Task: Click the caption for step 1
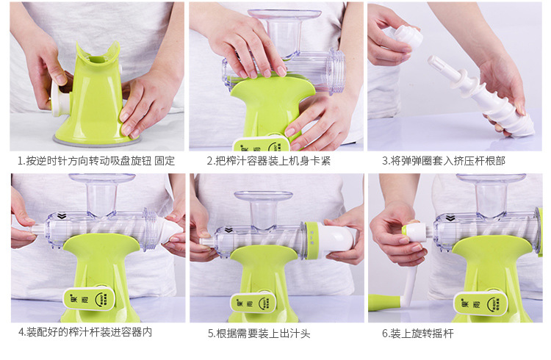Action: pyautogui.click(x=96, y=161)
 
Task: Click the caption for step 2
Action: pyautogui.click(x=268, y=161)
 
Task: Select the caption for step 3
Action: pyautogui.click(x=444, y=161)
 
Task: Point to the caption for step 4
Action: pyautogui.click(x=85, y=332)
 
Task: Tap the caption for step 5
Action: pyautogui.click(x=259, y=334)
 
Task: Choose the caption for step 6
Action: pyautogui.click(x=418, y=334)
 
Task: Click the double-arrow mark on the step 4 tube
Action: pyautogui.click(x=62, y=216)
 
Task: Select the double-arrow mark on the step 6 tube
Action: pyautogui.click(x=450, y=219)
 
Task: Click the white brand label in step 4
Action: pyautogui.click(x=90, y=299)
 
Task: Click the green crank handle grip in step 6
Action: pyautogui.click(x=384, y=303)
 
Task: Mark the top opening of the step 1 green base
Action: pyautogui.click(x=97, y=59)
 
